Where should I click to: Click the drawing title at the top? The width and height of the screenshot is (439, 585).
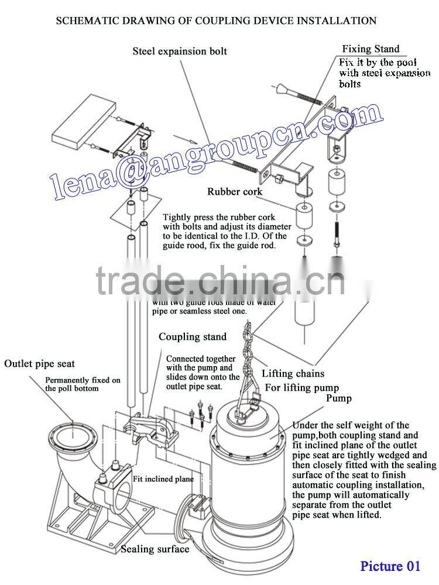tap(216, 21)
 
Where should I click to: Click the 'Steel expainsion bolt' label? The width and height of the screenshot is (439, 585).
tap(180, 51)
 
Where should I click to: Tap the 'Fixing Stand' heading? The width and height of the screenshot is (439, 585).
tap(371, 49)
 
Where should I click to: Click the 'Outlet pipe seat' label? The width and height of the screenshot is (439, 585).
tap(40, 364)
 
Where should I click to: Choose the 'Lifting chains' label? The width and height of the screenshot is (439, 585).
tap(293, 373)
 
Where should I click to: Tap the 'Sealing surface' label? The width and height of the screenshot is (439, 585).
tap(155, 549)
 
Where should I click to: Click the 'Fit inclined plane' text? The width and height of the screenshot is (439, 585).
tap(163, 479)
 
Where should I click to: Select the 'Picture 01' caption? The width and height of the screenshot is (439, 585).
tap(390, 566)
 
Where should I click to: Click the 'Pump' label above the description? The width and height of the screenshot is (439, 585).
tap(339, 398)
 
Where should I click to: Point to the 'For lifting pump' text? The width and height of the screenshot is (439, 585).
tap(302, 387)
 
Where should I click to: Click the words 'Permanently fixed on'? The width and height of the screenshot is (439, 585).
tap(83, 380)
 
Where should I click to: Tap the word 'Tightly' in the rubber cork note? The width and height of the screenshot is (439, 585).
tap(177, 216)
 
